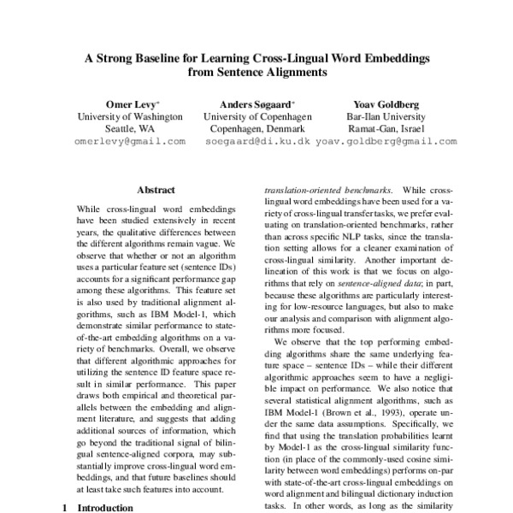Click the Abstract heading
point(156,190)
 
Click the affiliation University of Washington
point(130,115)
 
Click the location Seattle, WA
point(130,128)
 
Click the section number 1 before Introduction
point(66,507)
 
